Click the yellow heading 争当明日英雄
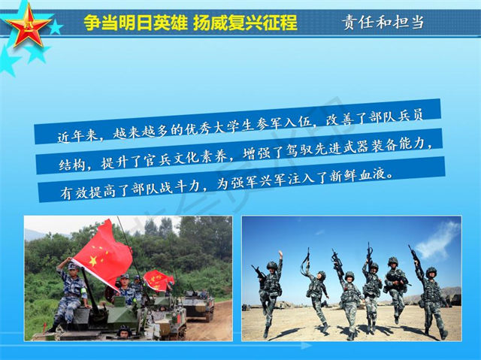coord(135,23)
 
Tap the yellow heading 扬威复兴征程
coord(245,23)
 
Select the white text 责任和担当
coord(383,22)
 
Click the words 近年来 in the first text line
coord(77,136)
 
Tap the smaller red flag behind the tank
coord(158,281)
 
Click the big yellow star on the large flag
coord(93,262)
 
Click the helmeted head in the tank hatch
coord(125,331)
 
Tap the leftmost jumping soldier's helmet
coord(272,265)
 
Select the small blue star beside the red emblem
coord(56,28)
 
